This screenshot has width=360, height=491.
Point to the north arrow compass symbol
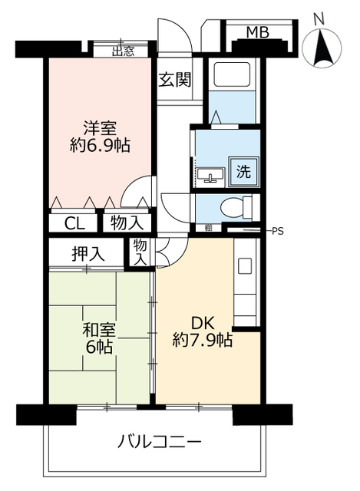coord(321,50)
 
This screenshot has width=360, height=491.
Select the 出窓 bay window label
coord(123,51)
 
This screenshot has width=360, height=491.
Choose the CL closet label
coord(74,223)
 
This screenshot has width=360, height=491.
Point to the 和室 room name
coord(99,331)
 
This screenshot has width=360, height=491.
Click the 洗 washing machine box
coord(243,172)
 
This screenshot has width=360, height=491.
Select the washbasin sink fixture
coord(210,175)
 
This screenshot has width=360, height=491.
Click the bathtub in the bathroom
coord(237,75)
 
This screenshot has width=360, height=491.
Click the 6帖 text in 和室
coord(100,348)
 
